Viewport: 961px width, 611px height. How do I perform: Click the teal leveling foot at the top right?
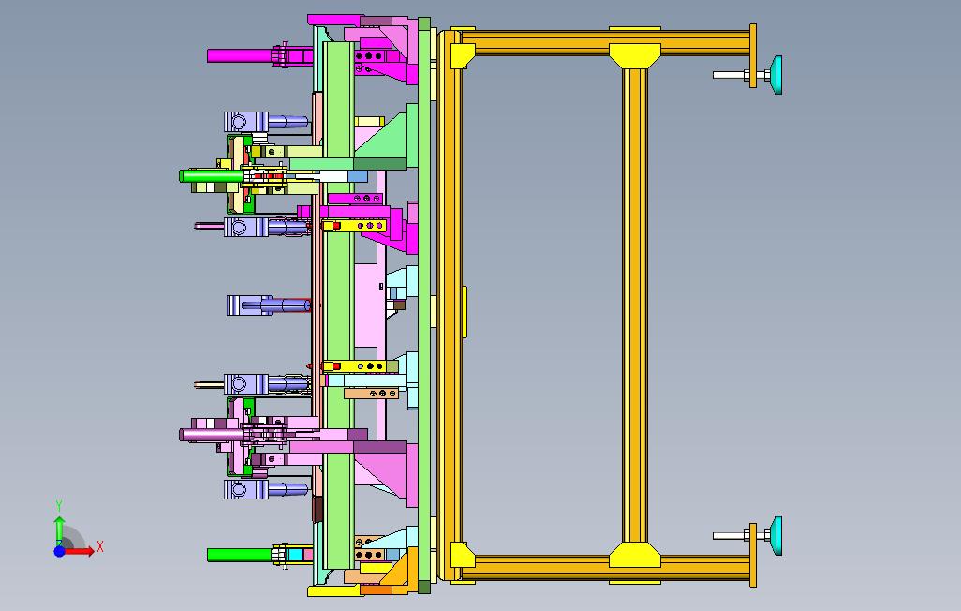tap(776, 75)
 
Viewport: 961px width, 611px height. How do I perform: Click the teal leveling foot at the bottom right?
tap(776, 535)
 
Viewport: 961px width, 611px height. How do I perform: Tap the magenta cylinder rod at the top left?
tap(239, 56)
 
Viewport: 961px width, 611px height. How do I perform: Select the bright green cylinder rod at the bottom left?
tap(239, 555)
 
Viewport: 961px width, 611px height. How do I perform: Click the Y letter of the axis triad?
tap(59, 505)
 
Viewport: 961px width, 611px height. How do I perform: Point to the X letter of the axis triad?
tap(100, 546)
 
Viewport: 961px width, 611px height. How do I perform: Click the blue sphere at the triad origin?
tap(59, 551)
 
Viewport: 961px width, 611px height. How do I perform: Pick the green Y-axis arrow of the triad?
tap(59, 530)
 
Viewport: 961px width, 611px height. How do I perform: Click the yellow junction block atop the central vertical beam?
tap(635, 55)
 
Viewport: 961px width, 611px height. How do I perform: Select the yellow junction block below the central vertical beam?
tap(635, 555)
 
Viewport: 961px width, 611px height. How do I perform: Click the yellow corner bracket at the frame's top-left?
tap(461, 56)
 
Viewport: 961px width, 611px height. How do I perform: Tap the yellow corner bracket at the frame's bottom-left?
tap(461, 555)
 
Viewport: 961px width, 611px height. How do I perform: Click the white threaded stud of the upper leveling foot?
tap(732, 75)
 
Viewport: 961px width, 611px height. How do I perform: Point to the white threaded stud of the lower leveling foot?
tap(732, 535)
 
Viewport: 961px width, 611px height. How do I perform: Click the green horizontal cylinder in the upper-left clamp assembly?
tap(211, 176)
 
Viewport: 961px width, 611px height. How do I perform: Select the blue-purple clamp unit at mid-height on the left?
tap(267, 305)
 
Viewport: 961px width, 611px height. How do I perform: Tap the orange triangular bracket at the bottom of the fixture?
tap(397, 569)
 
